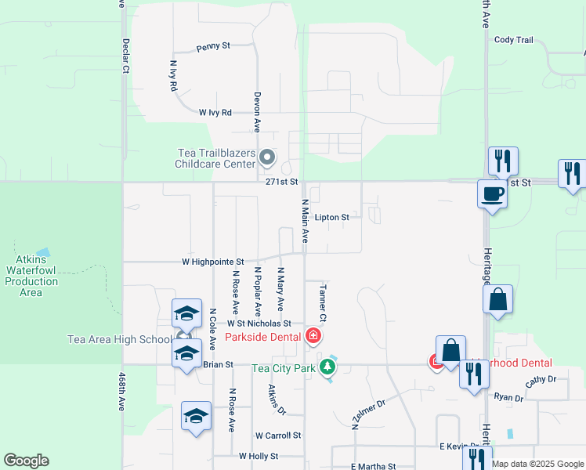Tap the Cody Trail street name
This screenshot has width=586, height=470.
(x=513, y=40)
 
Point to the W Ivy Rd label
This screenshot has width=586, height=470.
(x=215, y=113)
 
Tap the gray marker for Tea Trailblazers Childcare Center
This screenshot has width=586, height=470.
(x=267, y=158)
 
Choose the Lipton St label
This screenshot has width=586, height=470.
(x=331, y=218)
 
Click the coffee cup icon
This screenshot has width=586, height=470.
(x=492, y=193)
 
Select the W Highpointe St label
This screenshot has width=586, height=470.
(x=213, y=262)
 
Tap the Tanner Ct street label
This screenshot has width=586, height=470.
(x=321, y=302)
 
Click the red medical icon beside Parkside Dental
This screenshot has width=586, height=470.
(x=313, y=337)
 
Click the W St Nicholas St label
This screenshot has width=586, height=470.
(x=259, y=324)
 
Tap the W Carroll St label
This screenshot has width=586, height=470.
(x=278, y=436)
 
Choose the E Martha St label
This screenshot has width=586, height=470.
(x=373, y=466)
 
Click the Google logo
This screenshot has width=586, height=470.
(x=26, y=461)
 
